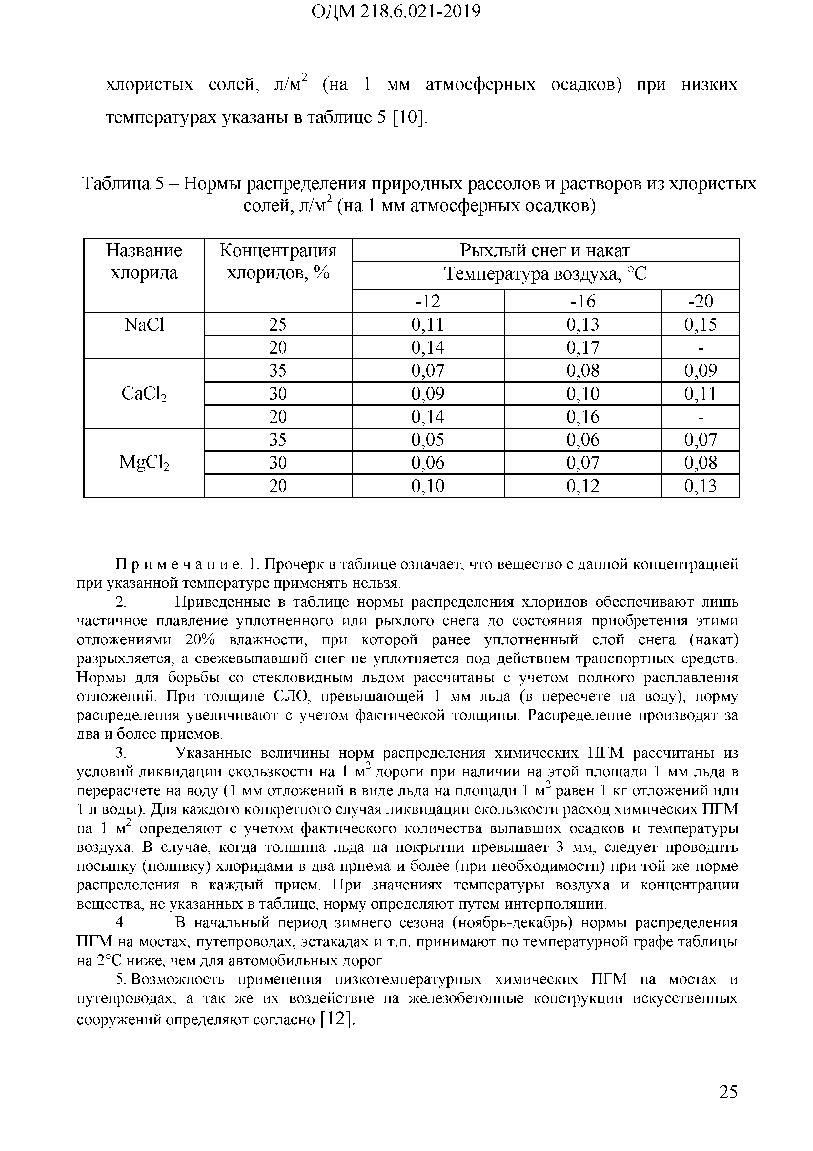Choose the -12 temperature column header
tap(427, 301)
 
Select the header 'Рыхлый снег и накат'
tap(545, 250)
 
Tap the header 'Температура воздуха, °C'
tap(545, 274)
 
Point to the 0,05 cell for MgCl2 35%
tap(427, 440)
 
